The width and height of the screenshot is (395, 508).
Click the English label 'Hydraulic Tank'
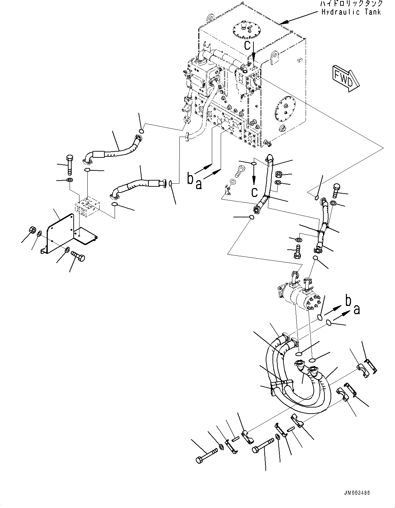coord(351,12)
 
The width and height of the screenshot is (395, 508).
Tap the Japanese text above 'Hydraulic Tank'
coord(351,4)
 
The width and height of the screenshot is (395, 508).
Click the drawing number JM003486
coord(356,493)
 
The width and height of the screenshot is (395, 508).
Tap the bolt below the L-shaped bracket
coord(78,258)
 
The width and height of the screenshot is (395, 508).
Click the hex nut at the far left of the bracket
coord(31,230)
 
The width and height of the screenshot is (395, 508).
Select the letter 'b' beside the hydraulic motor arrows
coord(348,301)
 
